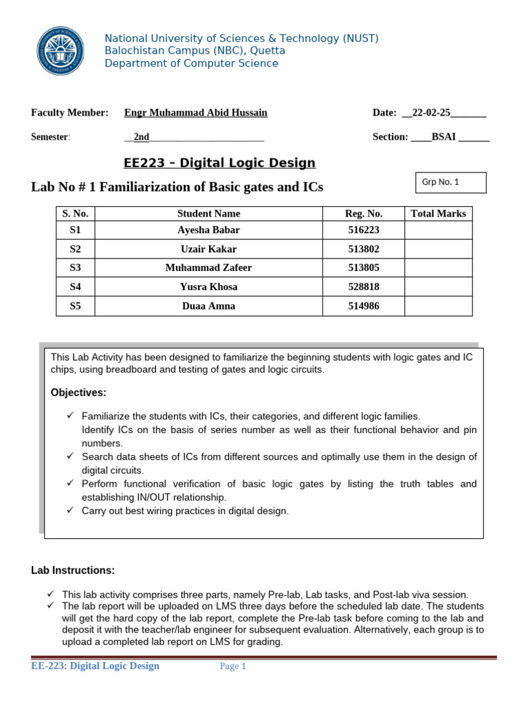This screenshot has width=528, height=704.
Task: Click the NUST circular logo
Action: point(60,49)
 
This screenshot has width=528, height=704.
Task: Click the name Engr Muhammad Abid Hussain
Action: point(195,113)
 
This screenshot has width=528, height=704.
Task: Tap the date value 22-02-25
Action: point(431,113)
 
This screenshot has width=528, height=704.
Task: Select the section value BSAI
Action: point(444,137)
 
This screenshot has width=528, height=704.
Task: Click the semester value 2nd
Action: point(142,137)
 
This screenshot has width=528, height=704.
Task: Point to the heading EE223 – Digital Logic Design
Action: point(219,163)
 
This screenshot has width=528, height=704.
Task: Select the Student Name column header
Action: point(208,214)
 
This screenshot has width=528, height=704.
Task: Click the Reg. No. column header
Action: point(364,214)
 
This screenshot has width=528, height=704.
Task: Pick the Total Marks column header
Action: point(438,214)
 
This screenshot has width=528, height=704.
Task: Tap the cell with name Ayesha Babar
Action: point(208,230)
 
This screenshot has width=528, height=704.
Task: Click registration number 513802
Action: point(364,249)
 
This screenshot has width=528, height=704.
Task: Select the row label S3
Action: point(75,268)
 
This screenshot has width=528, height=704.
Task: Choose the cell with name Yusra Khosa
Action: point(208,287)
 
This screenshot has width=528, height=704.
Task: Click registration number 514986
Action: point(364,306)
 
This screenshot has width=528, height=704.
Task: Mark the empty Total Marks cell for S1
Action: point(438,230)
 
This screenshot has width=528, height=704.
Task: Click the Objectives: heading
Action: point(78,393)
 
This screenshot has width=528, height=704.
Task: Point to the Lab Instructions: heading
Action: point(73,571)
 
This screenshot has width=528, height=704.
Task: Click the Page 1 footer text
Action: point(233,666)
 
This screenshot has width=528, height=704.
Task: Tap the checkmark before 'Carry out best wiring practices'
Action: point(70,511)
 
